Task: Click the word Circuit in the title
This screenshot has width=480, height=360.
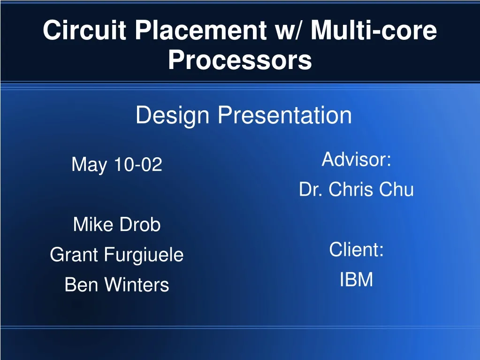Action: click(84, 31)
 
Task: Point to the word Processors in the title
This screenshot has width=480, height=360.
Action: click(240, 61)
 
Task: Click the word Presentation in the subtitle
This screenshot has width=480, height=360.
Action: click(285, 115)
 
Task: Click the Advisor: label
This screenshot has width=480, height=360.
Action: click(356, 160)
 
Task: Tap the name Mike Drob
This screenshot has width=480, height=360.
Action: click(117, 225)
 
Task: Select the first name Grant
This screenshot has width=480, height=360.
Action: click(74, 255)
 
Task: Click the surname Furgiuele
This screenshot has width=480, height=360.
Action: click(144, 255)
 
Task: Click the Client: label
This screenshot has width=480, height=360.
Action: click(356, 250)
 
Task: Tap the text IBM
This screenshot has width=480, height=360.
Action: click(356, 280)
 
